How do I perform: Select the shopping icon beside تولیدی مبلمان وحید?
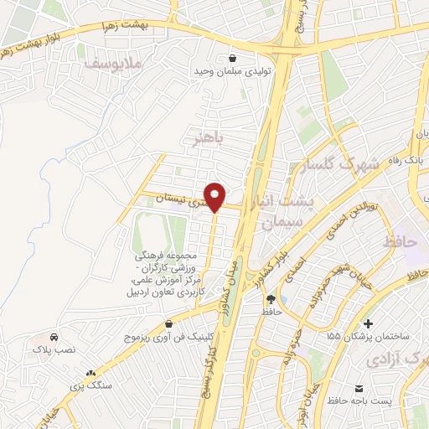[x=231, y=58]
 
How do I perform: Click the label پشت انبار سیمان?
[x=286, y=211]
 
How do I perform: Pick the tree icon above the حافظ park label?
[x=270, y=299]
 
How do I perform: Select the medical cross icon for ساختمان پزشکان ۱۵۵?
[x=368, y=323]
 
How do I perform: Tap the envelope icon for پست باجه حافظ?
[x=359, y=390]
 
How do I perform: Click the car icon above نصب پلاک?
[x=54, y=335]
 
